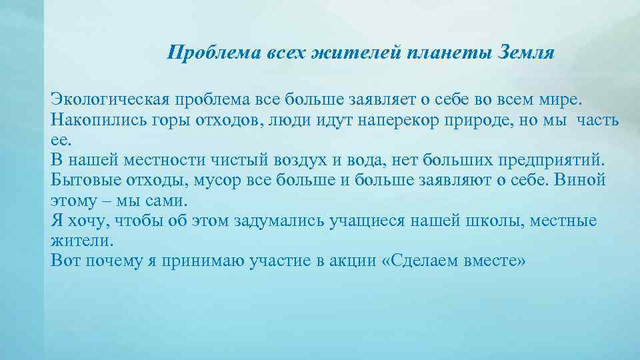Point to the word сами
(167, 201)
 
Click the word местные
(563, 221)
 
